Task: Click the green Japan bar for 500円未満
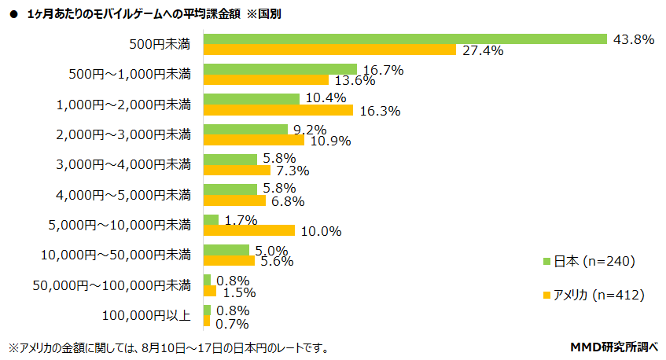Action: click(405, 39)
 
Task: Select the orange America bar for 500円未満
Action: click(329, 50)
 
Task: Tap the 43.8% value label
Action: click(633, 39)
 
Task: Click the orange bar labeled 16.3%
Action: click(278, 110)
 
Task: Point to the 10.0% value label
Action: click(321, 231)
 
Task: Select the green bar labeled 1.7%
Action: click(211, 219)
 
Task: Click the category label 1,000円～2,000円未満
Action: click(123, 104)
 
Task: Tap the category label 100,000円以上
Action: click(146, 315)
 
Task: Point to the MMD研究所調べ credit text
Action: click(613, 347)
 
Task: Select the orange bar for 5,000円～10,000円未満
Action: click(249, 230)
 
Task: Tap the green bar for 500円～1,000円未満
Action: click(280, 68)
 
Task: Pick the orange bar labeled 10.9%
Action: click(254, 140)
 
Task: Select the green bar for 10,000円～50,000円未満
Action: click(226, 249)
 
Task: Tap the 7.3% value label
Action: click(292, 171)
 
